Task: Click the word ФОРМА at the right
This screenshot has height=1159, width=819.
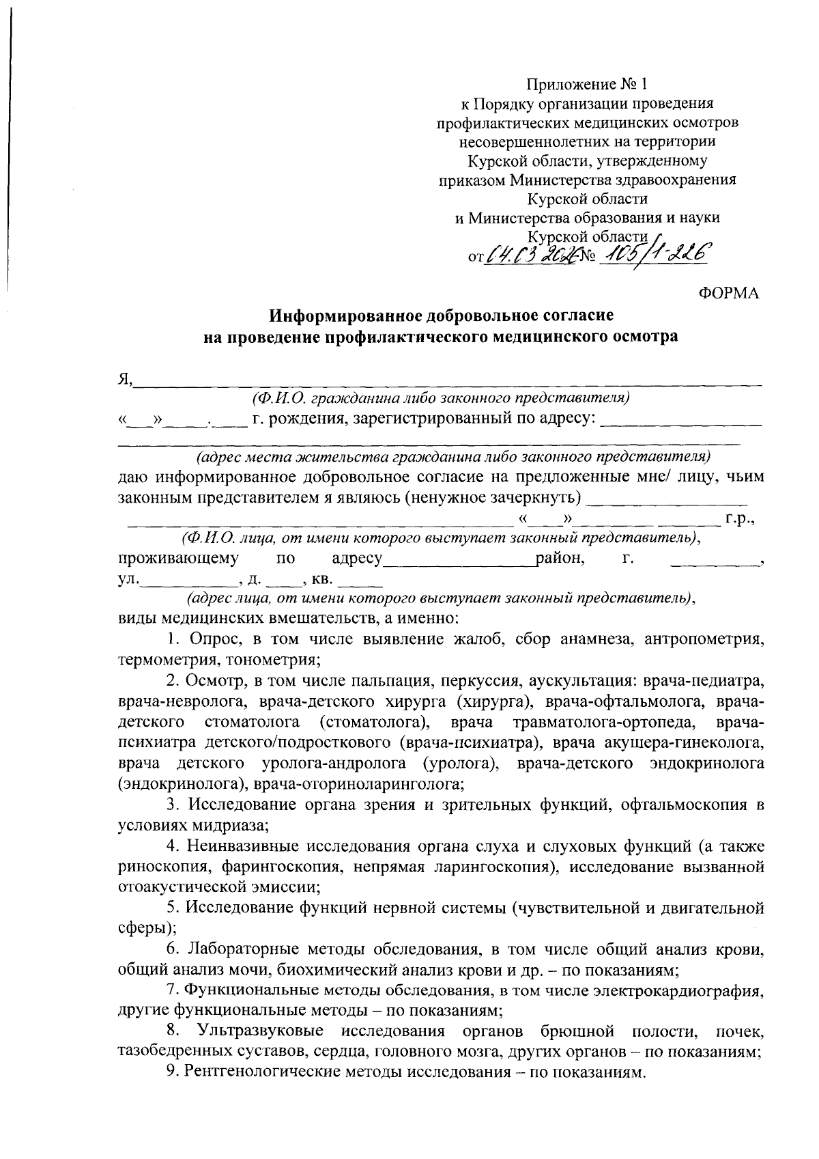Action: point(729,293)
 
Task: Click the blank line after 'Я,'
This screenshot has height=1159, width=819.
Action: point(447,381)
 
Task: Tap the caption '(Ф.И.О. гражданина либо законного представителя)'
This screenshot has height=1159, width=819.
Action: point(440,397)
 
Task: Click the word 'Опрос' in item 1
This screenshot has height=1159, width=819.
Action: point(212,639)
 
